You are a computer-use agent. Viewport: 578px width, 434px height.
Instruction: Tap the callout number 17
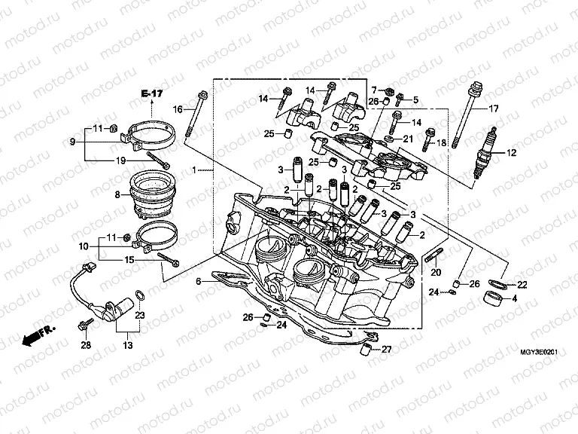click(x=494, y=109)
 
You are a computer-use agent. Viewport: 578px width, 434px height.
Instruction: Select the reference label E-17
click(x=151, y=93)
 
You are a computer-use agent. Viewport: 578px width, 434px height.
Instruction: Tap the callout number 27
click(x=386, y=349)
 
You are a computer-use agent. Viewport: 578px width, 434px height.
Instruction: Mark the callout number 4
click(x=515, y=298)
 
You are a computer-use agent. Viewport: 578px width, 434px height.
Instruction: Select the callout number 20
click(x=436, y=272)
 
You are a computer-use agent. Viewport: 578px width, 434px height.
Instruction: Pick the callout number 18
click(x=440, y=142)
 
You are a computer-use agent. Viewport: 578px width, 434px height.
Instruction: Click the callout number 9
click(x=74, y=141)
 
